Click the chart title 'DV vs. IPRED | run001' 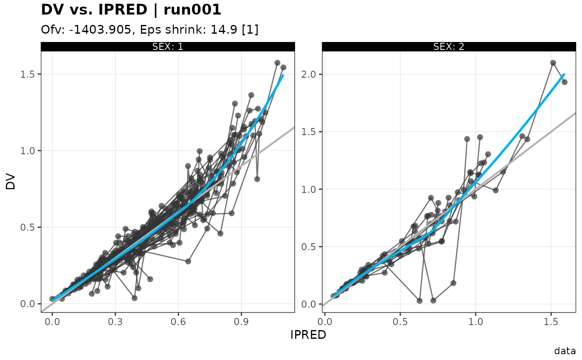coord(131,10)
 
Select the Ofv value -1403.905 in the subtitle coord(100,30)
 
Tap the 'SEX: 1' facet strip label coord(168,47)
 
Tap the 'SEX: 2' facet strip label coord(449,47)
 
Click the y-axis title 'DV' coord(11,182)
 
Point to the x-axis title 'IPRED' coord(308,335)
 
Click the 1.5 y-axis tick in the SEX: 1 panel coord(27,74)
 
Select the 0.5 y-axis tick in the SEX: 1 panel coord(27,227)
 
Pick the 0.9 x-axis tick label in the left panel coord(241,322)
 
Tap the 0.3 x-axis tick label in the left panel coord(116,322)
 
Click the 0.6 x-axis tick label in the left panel coord(178,322)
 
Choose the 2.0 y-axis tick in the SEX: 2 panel coord(308,74)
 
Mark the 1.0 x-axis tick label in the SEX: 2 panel coord(476,322)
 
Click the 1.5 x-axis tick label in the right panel coord(551,322)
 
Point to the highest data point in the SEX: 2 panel coord(553,63)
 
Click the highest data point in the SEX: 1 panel coord(277,63)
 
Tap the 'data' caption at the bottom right coord(565,351)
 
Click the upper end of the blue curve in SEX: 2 coord(564,74)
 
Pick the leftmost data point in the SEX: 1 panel coord(52,299)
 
